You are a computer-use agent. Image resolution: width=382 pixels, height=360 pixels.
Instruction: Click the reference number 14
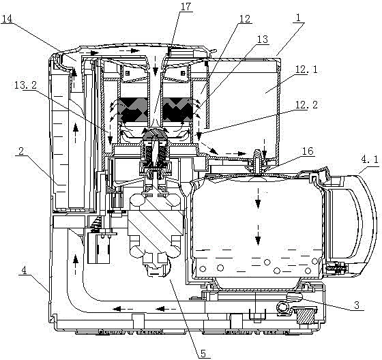pos(7,19)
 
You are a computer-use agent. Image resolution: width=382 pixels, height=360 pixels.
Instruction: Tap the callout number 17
pos(186,7)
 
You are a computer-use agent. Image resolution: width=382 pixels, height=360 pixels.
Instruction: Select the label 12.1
pos(306,70)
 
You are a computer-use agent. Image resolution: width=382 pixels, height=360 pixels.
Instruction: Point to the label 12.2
pos(306,105)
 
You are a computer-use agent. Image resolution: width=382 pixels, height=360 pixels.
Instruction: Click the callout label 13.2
pos(25,85)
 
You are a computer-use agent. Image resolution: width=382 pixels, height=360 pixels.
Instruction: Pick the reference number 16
pos(308,151)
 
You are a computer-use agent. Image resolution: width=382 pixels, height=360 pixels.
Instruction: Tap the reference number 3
pos(357,305)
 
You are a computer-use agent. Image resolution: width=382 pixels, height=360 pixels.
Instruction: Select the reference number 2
pos(21,151)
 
